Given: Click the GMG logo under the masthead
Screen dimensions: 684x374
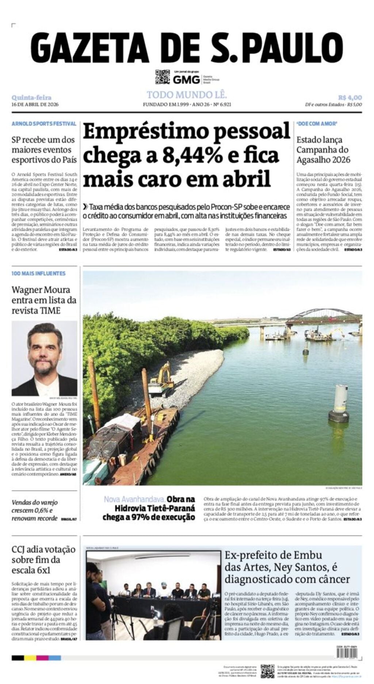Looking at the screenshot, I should (x=186, y=79).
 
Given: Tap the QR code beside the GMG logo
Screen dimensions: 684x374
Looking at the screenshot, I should (x=163, y=77).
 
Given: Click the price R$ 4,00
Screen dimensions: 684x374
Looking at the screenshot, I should (x=350, y=98).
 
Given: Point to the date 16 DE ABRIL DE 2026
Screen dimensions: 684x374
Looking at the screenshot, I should (x=35, y=104).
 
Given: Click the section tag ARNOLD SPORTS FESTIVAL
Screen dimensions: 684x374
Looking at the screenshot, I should (x=44, y=124).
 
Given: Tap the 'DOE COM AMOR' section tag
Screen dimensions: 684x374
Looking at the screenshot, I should (x=316, y=124).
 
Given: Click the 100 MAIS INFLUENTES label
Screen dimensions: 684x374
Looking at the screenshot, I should (x=38, y=273).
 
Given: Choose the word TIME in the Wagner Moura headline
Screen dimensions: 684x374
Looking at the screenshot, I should (x=51, y=311).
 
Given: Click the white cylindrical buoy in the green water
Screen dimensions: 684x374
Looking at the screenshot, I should (x=339, y=403).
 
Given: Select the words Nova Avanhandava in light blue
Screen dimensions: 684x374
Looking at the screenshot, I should (x=134, y=499).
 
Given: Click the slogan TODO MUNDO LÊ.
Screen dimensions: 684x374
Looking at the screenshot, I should (x=187, y=95).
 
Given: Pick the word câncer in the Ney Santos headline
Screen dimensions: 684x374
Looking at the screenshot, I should (x=332, y=579).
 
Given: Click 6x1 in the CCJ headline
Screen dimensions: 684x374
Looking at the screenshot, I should (x=43, y=570).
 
